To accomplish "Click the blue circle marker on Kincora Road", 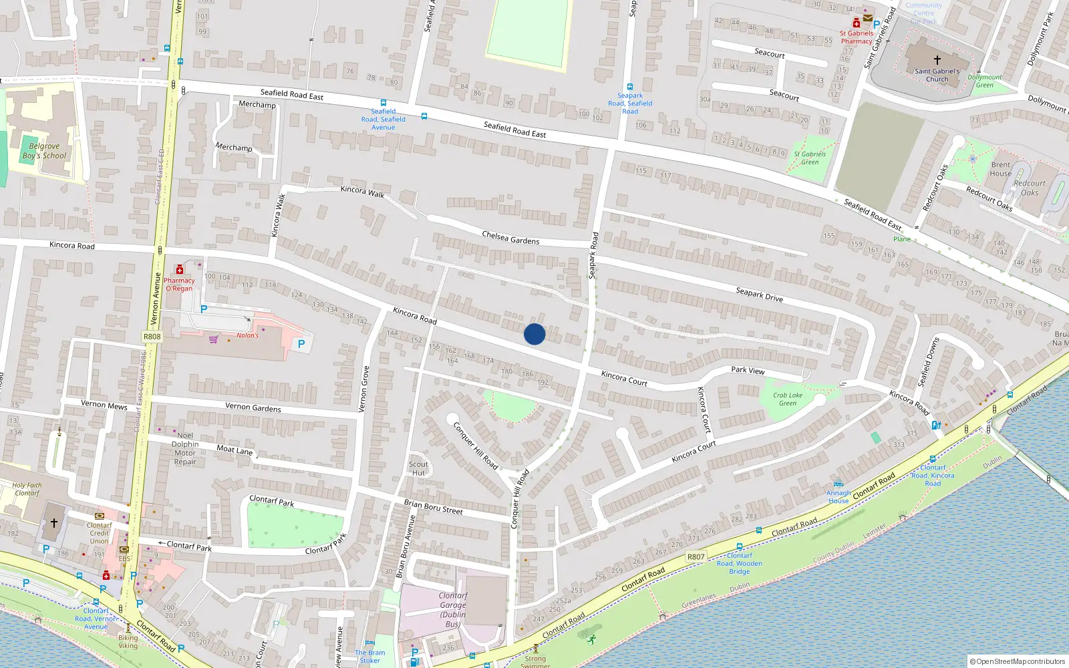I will point(534,334).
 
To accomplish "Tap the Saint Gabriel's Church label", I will point(937,75).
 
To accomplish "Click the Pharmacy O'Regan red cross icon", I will point(179,270).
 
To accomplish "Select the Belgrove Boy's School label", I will point(44,151).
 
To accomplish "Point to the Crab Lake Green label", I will point(788,399).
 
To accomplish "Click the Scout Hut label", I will point(418,468).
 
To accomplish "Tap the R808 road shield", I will point(152,336).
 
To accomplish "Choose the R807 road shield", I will point(696,556).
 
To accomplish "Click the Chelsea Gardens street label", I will point(510,237).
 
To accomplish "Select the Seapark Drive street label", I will point(759,295).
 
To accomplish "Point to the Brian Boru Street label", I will point(433,507).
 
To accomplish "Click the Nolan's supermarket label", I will point(247,335).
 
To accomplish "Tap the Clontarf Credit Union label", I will point(99,533).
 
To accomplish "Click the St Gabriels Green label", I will point(810,158).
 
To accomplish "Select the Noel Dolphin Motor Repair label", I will point(185,448).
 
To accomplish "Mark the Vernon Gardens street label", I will point(253,407).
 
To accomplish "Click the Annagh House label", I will point(838,497).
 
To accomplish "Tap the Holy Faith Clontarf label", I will point(27,489).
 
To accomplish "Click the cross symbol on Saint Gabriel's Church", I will point(937,60).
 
